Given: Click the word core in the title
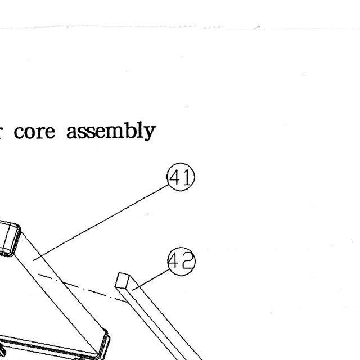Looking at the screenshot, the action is [x=34, y=132].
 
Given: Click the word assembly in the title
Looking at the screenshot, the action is [x=111, y=130].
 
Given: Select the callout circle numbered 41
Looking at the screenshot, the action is [x=181, y=177].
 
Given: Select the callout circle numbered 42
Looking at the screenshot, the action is [x=181, y=262].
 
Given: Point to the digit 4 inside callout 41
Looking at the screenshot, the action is [x=175, y=177].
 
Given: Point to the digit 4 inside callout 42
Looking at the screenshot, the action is [x=174, y=261].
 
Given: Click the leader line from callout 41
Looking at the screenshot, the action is [x=101, y=223].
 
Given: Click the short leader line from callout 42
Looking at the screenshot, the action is [x=151, y=280].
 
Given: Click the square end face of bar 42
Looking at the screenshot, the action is [x=122, y=280].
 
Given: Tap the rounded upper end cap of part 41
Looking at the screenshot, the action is [x=10, y=238].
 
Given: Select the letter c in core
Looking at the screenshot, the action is [x=19, y=133].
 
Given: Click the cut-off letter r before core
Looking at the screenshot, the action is [x=1, y=133].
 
